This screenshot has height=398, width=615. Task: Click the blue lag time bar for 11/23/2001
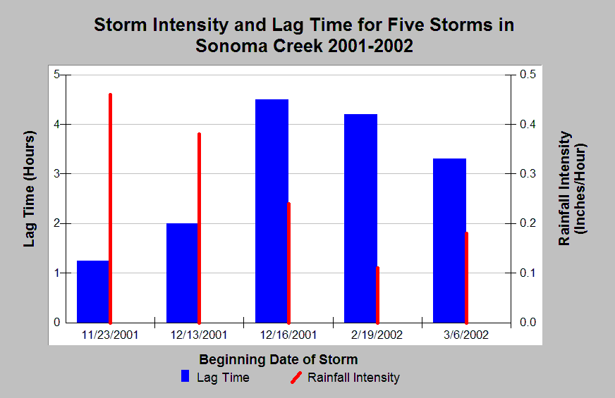pyautogui.click(x=92, y=292)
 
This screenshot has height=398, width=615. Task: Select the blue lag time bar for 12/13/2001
pyautogui.click(x=182, y=273)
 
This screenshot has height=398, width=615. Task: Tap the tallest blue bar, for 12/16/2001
pyautogui.click(x=272, y=211)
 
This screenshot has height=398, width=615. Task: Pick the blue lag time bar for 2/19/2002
pyautogui.click(x=360, y=218)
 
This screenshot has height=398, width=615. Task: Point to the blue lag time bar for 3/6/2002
pyautogui.click(x=449, y=241)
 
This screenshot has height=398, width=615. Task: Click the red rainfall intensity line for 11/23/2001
pyautogui.click(x=110, y=209)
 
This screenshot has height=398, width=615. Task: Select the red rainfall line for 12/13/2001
pyautogui.click(x=200, y=228)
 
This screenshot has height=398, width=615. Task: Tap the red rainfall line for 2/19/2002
pyautogui.click(x=378, y=295)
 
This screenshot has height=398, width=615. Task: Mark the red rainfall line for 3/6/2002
pyautogui.click(x=467, y=278)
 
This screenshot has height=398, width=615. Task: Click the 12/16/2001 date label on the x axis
pyautogui.click(x=288, y=335)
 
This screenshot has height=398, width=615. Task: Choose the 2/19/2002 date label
pyautogui.click(x=377, y=335)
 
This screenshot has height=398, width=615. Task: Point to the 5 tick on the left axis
pyautogui.click(x=57, y=75)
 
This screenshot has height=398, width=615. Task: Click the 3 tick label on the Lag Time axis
pyautogui.click(x=57, y=173)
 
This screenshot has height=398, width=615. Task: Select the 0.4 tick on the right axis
pyautogui.click(x=528, y=124)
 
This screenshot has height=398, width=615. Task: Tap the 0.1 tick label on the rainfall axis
pyautogui.click(x=528, y=273)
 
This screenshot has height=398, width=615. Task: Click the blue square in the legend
pyautogui.click(x=185, y=376)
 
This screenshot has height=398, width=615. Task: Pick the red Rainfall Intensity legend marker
pyautogui.click(x=296, y=378)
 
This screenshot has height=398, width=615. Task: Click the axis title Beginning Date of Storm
pyautogui.click(x=279, y=359)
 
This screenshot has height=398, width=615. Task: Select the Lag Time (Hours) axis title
pyautogui.click(x=30, y=189)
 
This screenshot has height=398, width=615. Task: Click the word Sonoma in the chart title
pyautogui.click(x=232, y=46)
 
